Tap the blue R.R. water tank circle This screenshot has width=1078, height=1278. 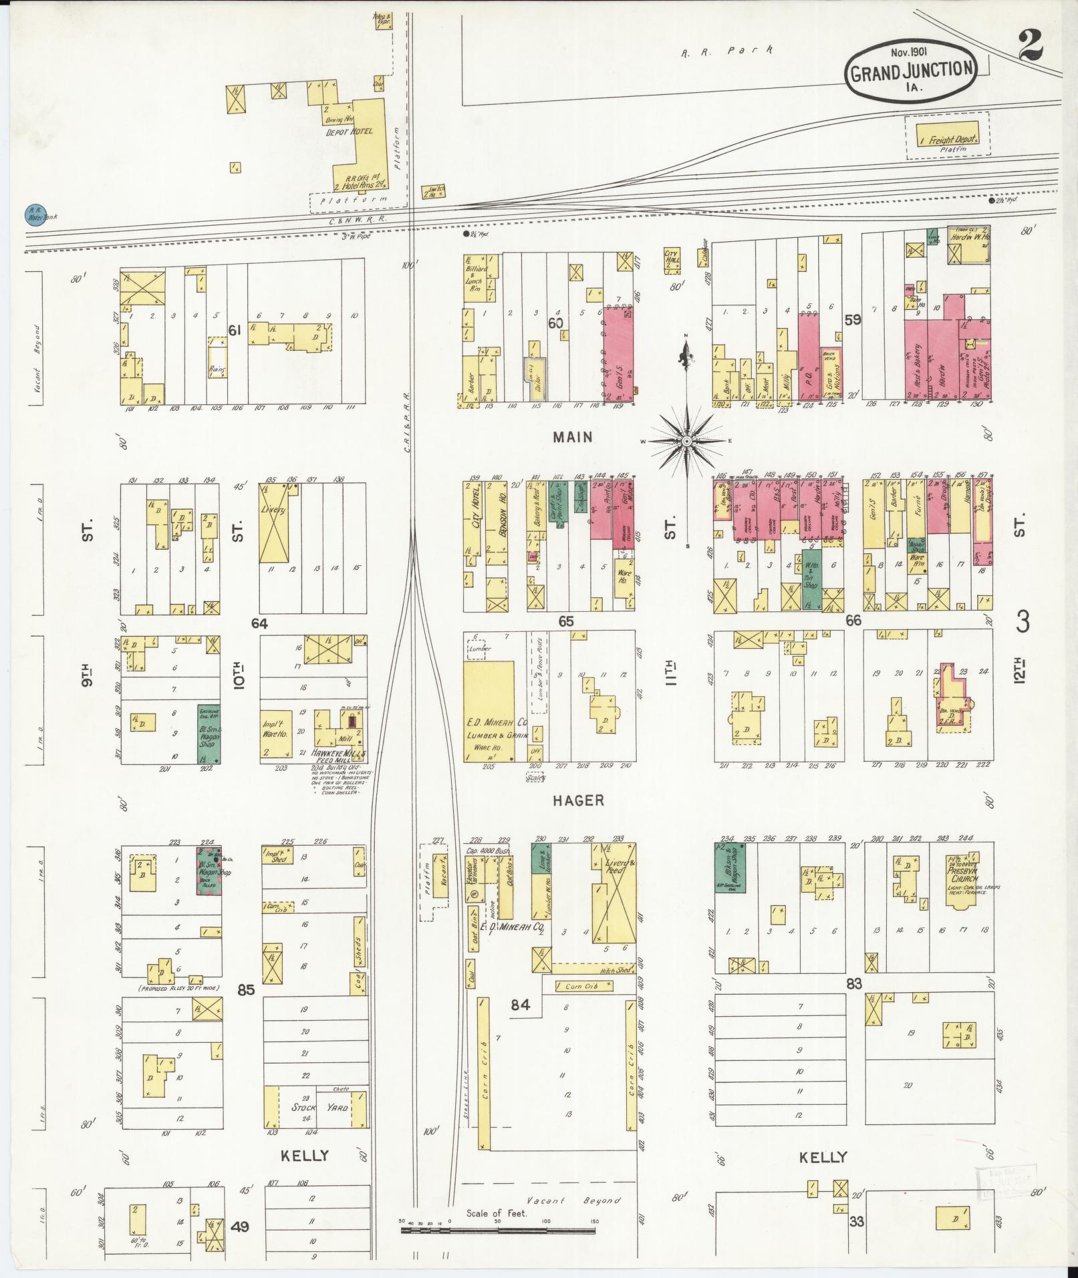tap(33, 214)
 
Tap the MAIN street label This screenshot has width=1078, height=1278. tap(573, 437)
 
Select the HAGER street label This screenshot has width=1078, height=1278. tap(578, 800)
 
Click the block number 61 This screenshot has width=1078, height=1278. tap(234, 329)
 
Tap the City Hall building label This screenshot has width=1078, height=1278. tap(672, 257)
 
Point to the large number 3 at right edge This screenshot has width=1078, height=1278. tap(1023, 623)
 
